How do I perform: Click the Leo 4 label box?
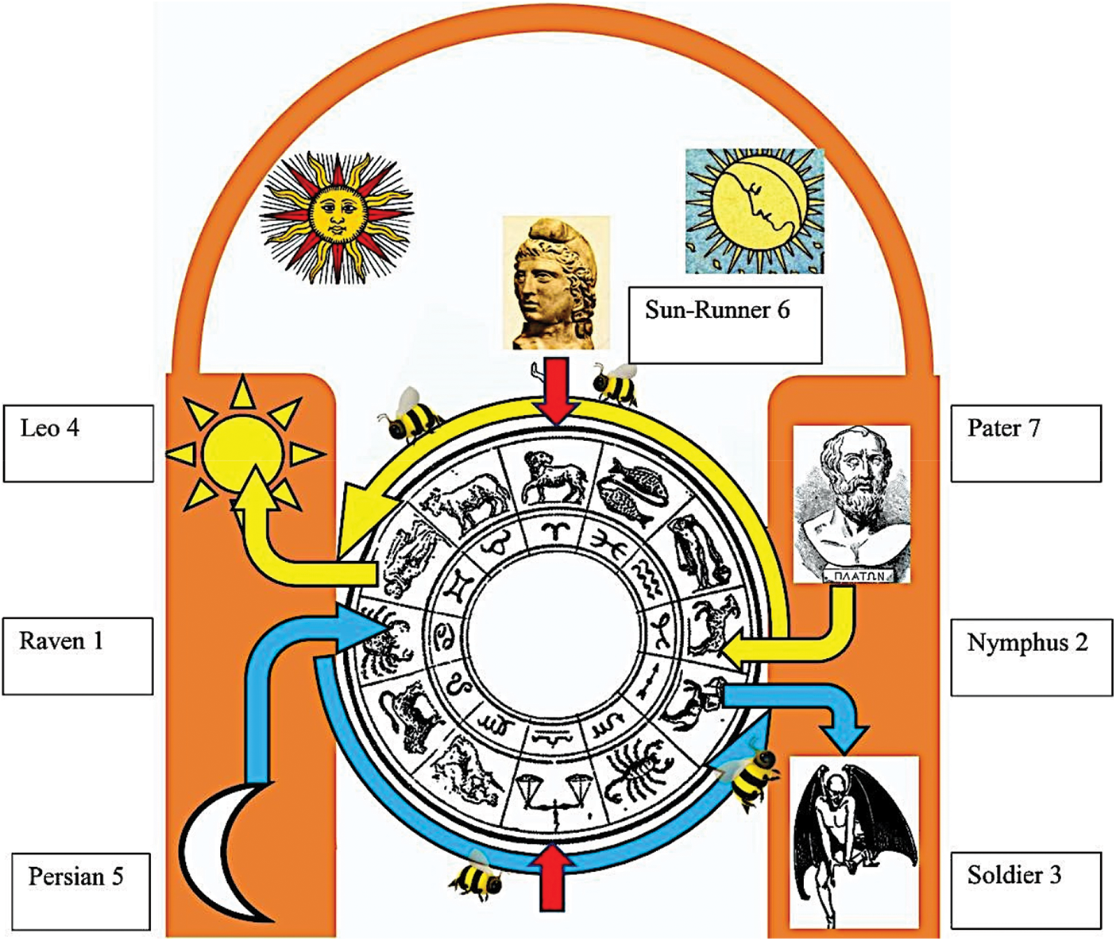pyautogui.click(x=78, y=443)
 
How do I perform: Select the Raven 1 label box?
pyautogui.click(x=77, y=656)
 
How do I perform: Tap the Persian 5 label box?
pyautogui.click(x=81, y=890)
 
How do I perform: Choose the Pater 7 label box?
pyautogui.click(x=1025, y=443)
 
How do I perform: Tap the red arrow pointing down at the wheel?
pyautogui.click(x=556, y=390)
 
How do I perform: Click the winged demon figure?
pyautogui.click(x=853, y=842)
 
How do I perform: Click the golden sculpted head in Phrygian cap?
pyautogui.click(x=556, y=282)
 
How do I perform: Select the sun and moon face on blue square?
pyautogui.click(x=754, y=211)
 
